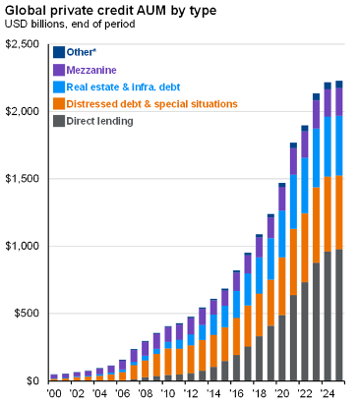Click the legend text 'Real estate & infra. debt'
coord(128,87)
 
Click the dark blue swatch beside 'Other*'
coord(59,53)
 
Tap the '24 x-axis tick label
coord(328,394)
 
